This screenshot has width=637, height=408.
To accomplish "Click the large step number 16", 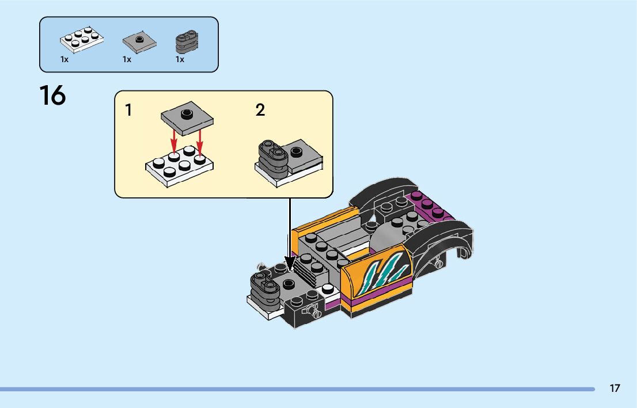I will point(52,95).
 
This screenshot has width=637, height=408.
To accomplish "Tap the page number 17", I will point(615,388).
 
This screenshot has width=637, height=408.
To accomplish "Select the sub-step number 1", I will point(129,110).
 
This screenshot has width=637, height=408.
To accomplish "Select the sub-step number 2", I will point(260,110).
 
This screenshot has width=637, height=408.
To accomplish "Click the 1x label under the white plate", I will point(65,59).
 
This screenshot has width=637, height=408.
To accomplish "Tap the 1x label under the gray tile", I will point(127,59).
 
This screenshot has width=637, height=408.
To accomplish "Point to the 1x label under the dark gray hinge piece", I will point(180,59).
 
